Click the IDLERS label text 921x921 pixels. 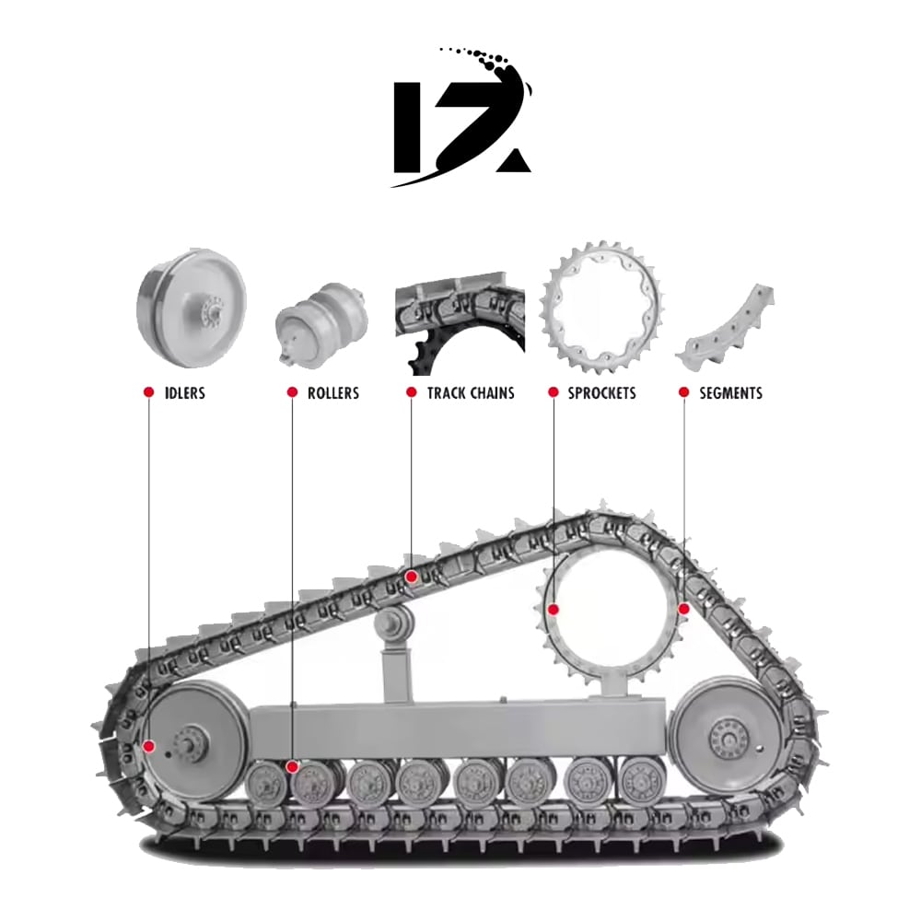pyautogui.click(x=185, y=393)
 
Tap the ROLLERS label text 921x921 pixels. pyautogui.click(x=333, y=393)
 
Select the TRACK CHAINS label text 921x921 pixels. pyautogui.click(x=471, y=393)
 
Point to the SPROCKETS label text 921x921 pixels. pyautogui.click(x=601, y=393)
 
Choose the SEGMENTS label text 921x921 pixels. pyautogui.click(x=730, y=393)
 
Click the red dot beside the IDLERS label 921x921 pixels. pyautogui.click(x=148, y=391)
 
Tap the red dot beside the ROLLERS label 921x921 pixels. pyautogui.click(x=292, y=391)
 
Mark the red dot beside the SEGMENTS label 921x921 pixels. pyautogui.click(x=683, y=391)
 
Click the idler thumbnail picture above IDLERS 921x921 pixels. pyautogui.click(x=192, y=309)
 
